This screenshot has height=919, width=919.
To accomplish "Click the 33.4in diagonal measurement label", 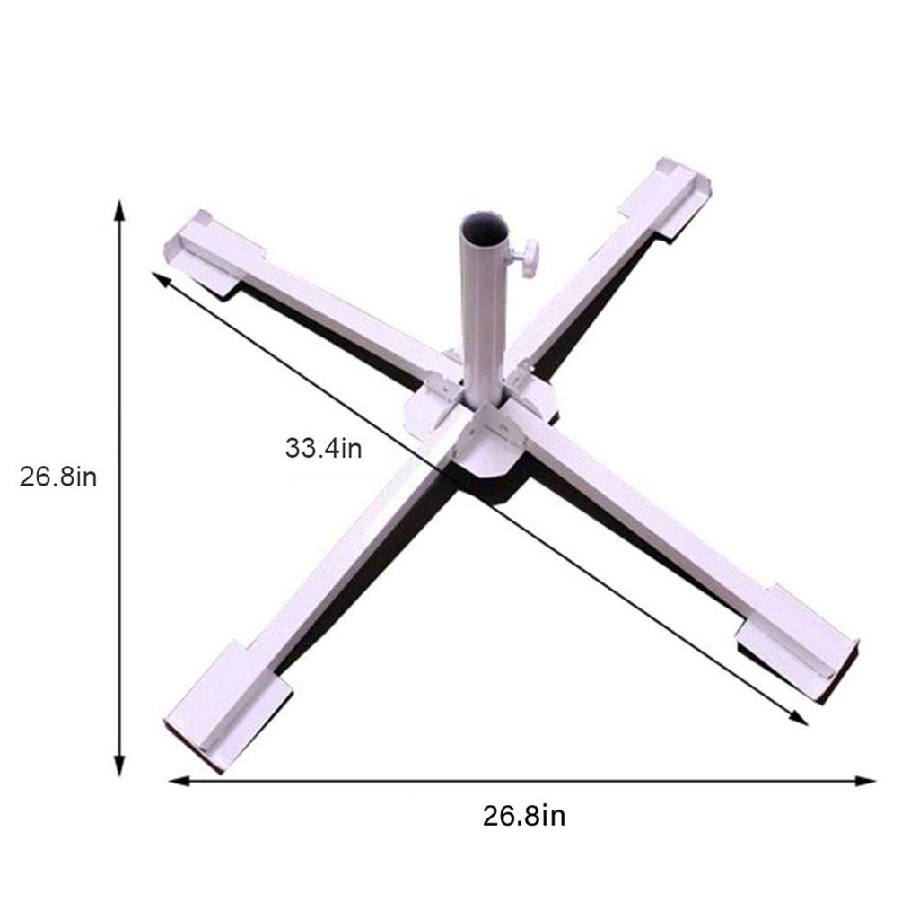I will [x=323, y=447].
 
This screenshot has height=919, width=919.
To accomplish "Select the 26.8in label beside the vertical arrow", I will [x=58, y=476].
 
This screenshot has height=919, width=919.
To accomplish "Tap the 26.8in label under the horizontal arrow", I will [x=524, y=816].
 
